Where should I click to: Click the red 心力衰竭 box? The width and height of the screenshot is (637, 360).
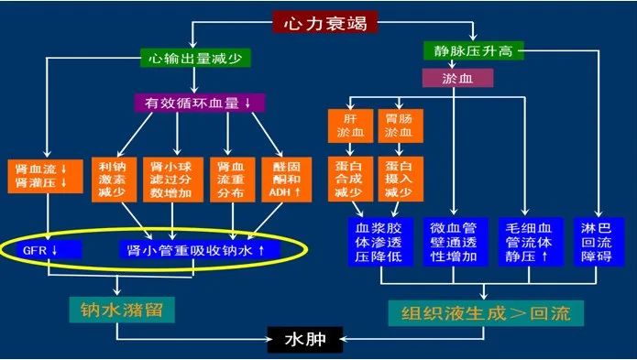[x=319, y=21]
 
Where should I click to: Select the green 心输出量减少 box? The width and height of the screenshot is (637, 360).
[x=194, y=58]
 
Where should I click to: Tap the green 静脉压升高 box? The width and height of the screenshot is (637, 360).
[x=473, y=50]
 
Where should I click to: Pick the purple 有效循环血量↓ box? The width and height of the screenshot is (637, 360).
[x=200, y=102]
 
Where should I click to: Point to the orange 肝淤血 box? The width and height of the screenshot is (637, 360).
[x=348, y=125]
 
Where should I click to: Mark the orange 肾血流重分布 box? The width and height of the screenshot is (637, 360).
[x=230, y=173]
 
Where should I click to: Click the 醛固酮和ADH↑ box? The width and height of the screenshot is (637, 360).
[x=282, y=173]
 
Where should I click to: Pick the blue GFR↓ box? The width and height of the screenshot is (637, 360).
[x=43, y=249]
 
